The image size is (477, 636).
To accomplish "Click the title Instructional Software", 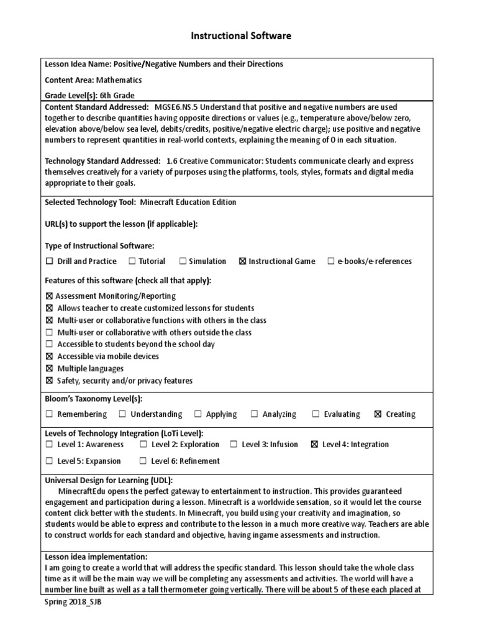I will pyautogui.click(x=240, y=36).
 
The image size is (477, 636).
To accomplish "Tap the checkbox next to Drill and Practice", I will pyautogui.click(x=50, y=261).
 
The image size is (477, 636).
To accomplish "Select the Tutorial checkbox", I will pyautogui.click(x=132, y=261).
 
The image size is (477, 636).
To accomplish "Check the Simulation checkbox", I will pyautogui.click(x=183, y=261).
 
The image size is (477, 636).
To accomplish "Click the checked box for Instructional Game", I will pyautogui.click(x=242, y=261).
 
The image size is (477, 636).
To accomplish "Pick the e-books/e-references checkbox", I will pyautogui.click(x=331, y=261).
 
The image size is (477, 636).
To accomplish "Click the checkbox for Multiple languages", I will pyautogui.click(x=50, y=369).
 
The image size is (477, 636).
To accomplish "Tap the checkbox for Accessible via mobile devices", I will pyautogui.click(x=50, y=357).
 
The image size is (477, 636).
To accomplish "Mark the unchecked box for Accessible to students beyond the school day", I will pyautogui.click(x=50, y=345).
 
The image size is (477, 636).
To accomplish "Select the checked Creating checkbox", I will pyautogui.click(x=378, y=414).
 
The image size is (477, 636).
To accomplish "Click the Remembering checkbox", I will pyautogui.click(x=50, y=414).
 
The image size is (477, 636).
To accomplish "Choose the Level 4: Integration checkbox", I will pyautogui.click(x=314, y=445).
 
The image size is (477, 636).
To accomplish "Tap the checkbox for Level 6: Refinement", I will pyautogui.click(x=143, y=461).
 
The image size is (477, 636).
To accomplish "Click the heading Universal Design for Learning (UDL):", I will pyautogui.click(x=109, y=481).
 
